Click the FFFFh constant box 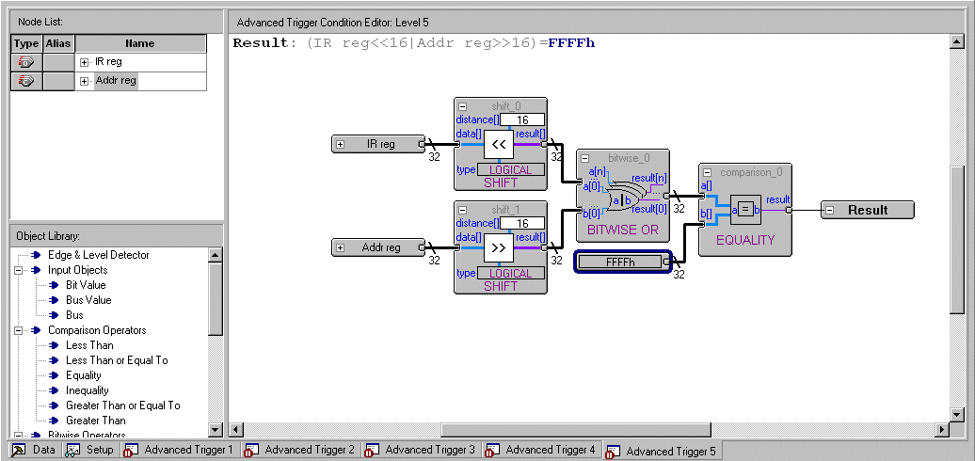(x=621, y=262)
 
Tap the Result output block (x=867, y=210)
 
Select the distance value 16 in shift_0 (x=521, y=119)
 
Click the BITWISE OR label (x=623, y=230)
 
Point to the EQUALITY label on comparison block (x=744, y=240)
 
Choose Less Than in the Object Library (x=89, y=345)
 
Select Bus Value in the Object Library (x=88, y=300)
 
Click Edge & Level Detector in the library (x=98, y=255)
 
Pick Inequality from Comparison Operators (x=88, y=390)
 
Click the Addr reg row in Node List (x=116, y=81)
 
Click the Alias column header (x=58, y=43)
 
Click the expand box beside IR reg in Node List (x=84, y=62)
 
